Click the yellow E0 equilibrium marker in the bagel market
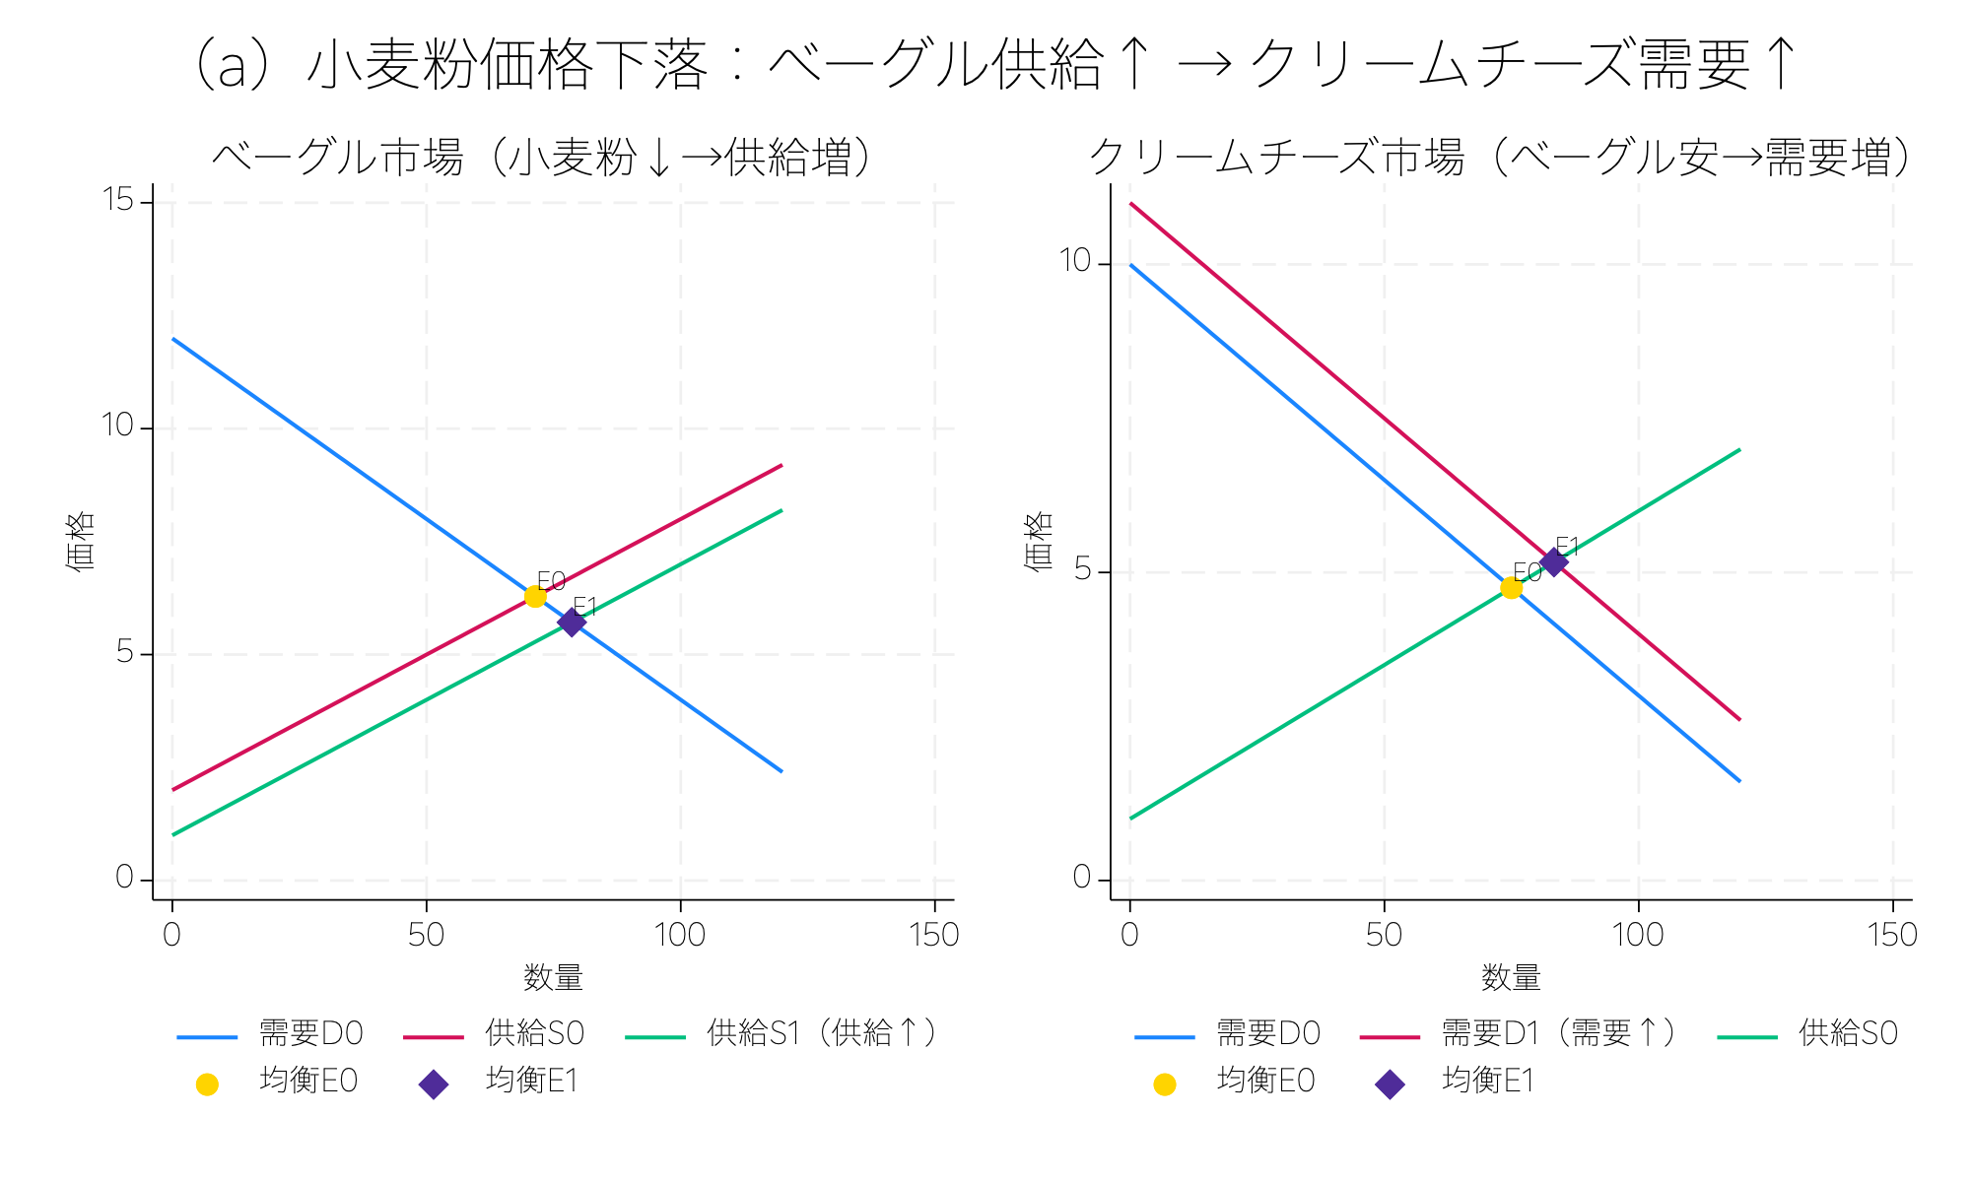(535, 596)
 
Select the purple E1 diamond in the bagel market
(572, 622)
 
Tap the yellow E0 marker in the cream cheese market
(1511, 588)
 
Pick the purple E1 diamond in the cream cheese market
(1553, 562)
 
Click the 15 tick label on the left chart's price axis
(117, 201)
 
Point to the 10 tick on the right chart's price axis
(1074, 262)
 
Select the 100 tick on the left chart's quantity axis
(679, 935)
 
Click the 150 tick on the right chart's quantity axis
(1892, 935)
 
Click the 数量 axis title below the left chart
(553, 978)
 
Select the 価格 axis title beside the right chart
(1039, 541)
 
